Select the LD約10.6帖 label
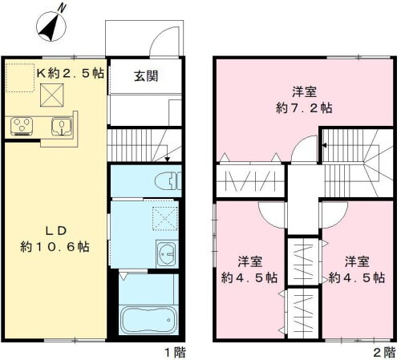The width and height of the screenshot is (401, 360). coord(54,237)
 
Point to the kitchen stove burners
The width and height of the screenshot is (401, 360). coord(22,125)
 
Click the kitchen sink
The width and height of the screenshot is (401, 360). coord(61,125)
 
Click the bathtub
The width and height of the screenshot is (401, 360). coord(147,320)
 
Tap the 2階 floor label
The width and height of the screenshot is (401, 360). coord(383,351)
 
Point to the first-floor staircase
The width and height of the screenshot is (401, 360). coord(138,145)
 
